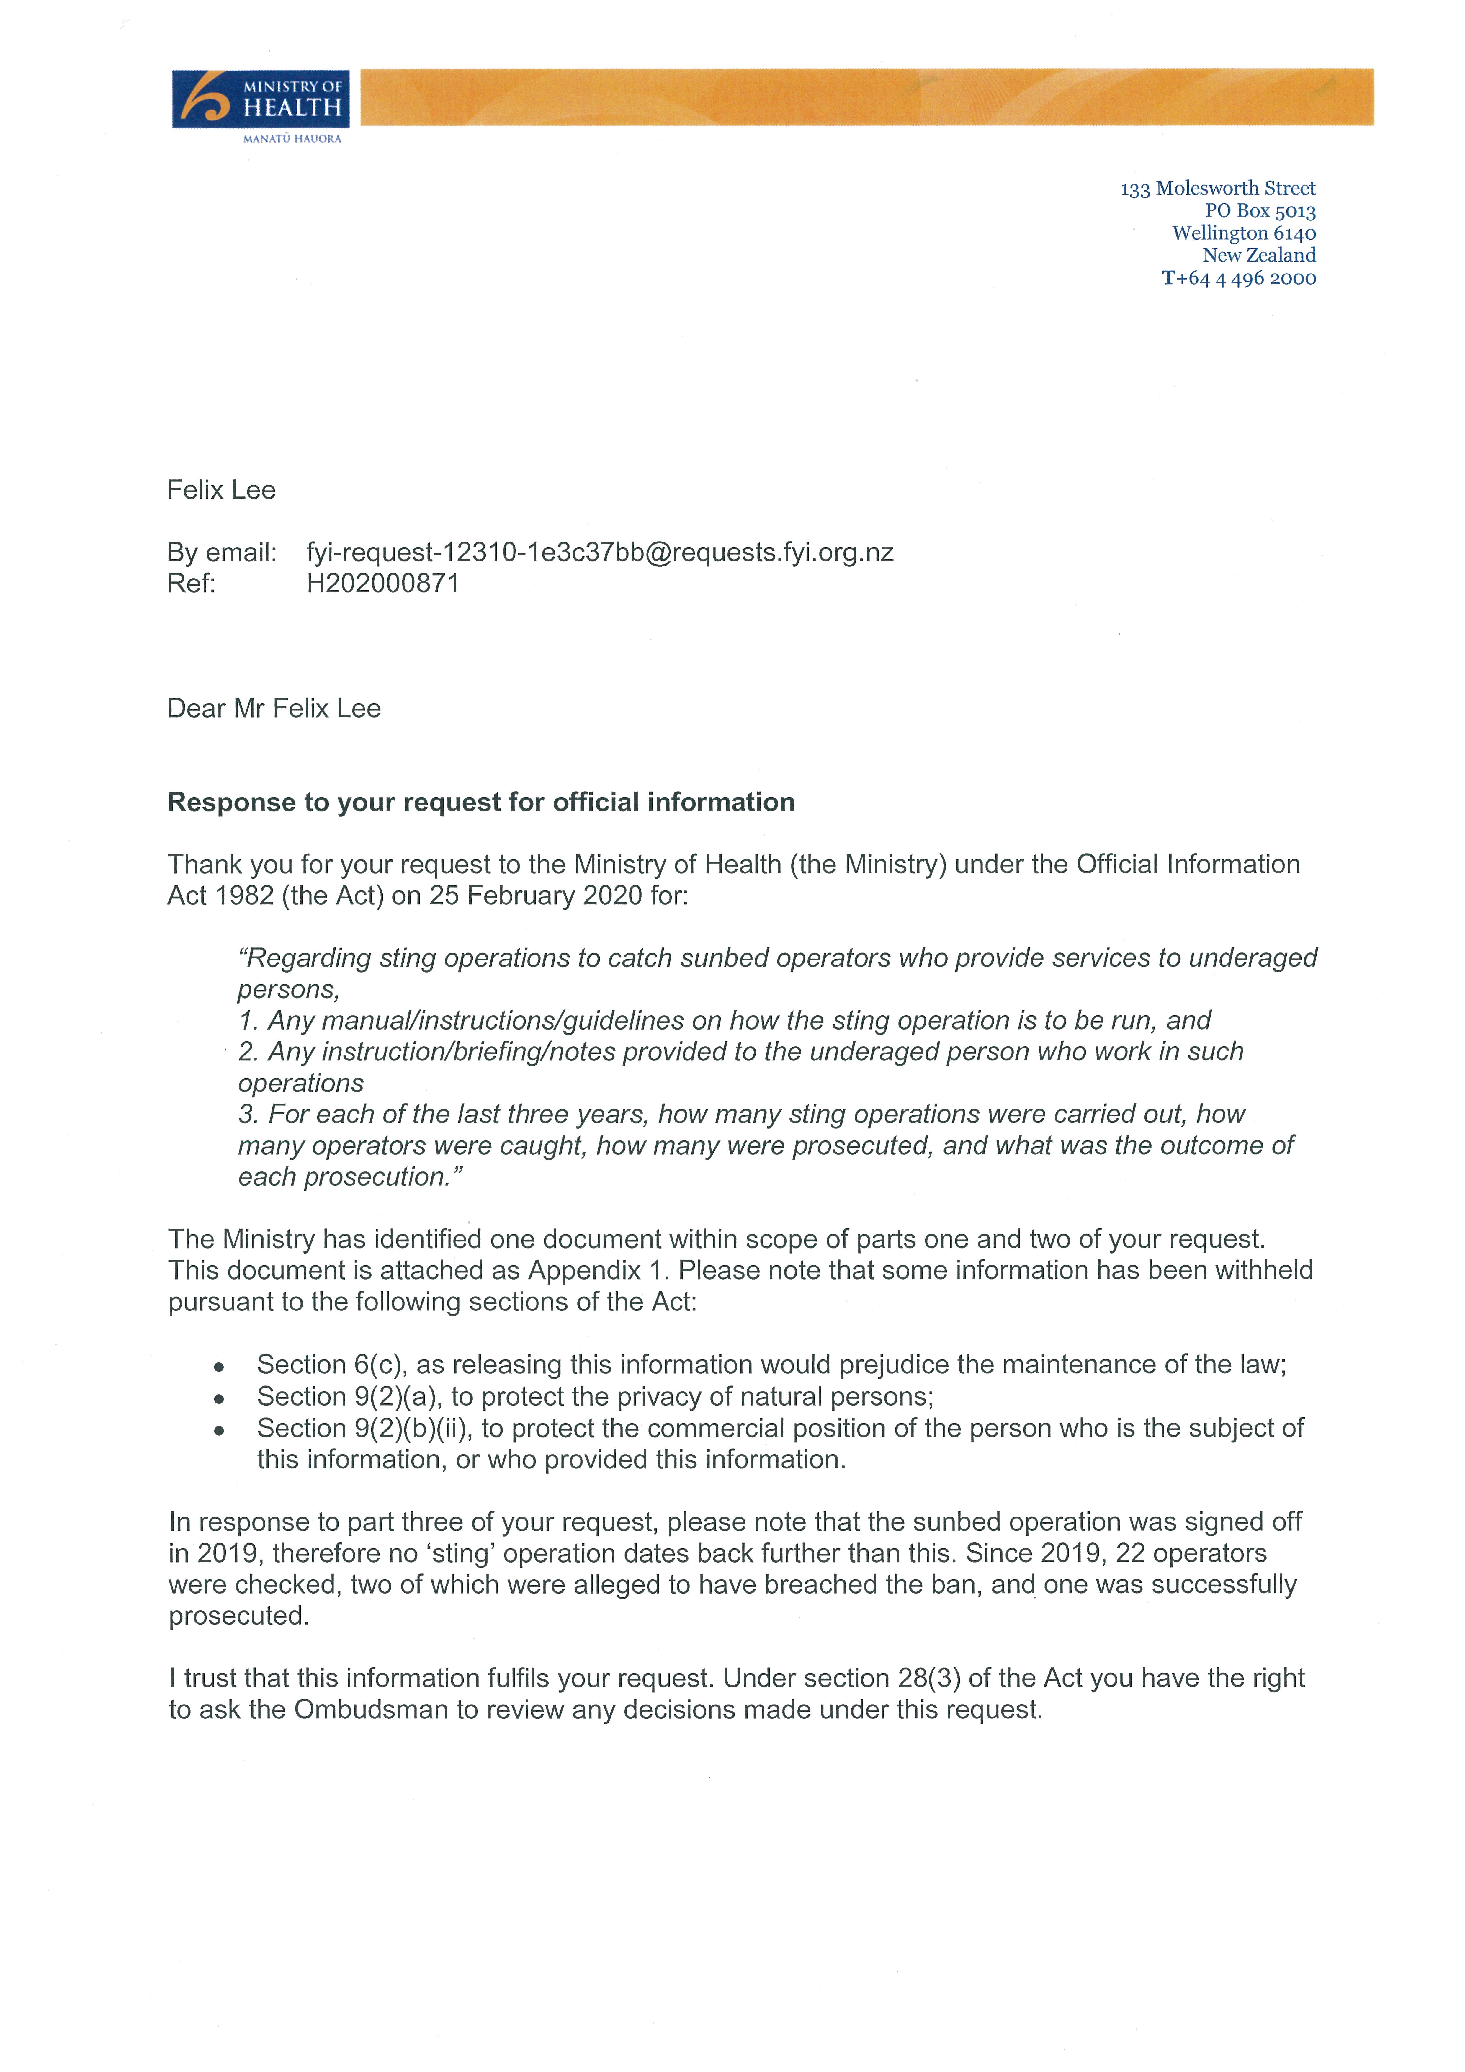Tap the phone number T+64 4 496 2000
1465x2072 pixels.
(x=1239, y=278)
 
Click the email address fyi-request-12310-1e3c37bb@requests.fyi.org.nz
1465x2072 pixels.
(x=600, y=552)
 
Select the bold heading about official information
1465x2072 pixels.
(x=481, y=802)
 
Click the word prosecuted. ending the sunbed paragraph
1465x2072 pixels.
(x=239, y=1615)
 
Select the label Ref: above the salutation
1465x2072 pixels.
(x=191, y=583)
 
